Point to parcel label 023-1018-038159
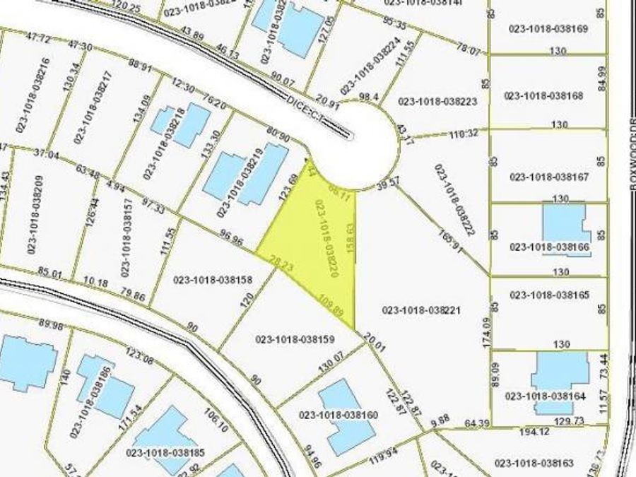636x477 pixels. click(x=295, y=338)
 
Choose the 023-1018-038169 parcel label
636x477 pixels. click(x=548, y=29)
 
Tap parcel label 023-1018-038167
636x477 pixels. click(x=548, y=177)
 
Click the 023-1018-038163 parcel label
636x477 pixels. click(x=534, y=464)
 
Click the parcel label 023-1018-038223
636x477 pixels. click(x=438, y=101)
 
